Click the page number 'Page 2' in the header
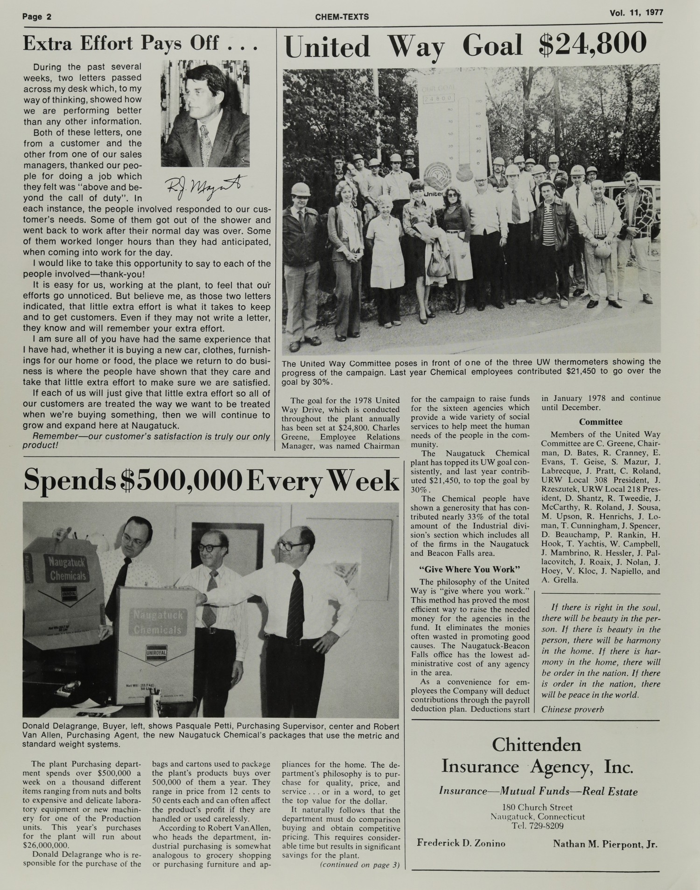[37, 17]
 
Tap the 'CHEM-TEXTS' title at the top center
[342, 17]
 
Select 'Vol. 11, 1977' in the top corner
[636, 13]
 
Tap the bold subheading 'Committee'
[601, 422]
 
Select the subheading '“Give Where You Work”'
[470, 569]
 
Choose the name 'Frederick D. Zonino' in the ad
[461, 843]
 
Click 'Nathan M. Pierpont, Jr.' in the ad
[605, 844]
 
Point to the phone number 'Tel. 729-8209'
[537, 826]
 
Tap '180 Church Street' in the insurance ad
[537, 807]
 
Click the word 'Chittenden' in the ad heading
[536, 745]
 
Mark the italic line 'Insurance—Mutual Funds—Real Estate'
[538, 792]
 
